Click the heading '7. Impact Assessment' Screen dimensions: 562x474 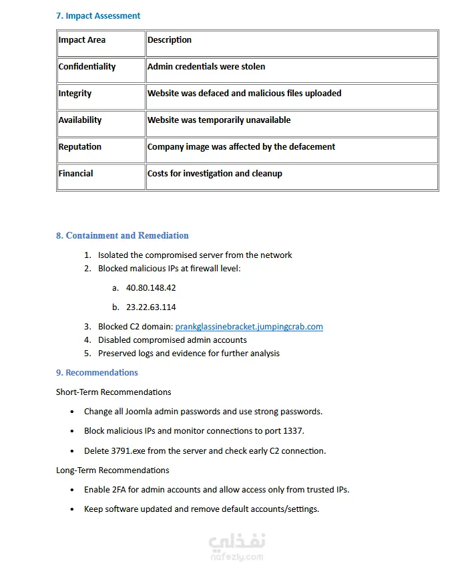click(98, 15)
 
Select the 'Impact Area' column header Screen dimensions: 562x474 click(81, 40)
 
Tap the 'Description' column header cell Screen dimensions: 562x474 click(170, 40)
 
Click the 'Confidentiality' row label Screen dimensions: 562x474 click(87, 67)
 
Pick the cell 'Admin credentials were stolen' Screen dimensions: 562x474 click(206, 67)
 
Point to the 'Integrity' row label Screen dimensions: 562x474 click(75, 94)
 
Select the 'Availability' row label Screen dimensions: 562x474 click(80, 120)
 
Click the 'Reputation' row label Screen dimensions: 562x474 click(80, 147)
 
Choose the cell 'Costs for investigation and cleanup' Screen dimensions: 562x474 click(215, 174)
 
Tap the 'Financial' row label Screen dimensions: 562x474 click(75, 174)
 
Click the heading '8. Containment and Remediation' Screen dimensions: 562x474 click(122, 235)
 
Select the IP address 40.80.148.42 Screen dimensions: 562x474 click(151, 288)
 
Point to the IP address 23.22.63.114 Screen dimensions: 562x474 click(151, 307)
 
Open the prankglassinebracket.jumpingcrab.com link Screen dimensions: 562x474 click(249, 327)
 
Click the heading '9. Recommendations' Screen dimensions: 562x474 click(97, 372)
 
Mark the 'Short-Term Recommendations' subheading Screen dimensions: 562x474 click(113, 392)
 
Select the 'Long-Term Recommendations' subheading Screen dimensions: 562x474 click(113, 470)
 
